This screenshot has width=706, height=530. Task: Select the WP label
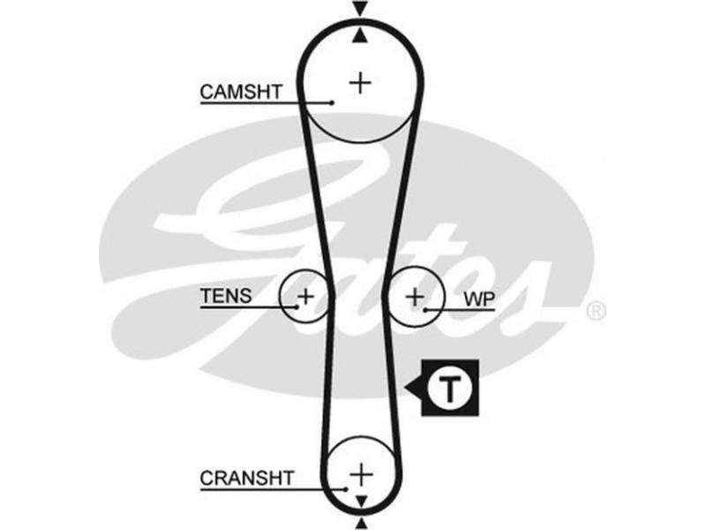click(478, 300)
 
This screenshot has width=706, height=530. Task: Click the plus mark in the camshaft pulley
click(359, 82)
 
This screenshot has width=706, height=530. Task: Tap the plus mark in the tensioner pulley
click(304, 296)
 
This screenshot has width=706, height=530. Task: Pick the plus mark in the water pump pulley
click(415, 296)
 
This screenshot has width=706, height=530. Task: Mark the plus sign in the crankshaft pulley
click(359, 474)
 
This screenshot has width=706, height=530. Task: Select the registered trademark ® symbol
click(596, 310)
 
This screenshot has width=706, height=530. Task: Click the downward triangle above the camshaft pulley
click(359, 9)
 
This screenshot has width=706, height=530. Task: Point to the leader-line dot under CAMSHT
click(332, 103)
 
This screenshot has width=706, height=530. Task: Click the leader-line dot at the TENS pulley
click(297, 307)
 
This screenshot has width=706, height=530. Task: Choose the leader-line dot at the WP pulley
click(426, 310)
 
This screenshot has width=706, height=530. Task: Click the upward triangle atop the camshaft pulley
click(359, 35)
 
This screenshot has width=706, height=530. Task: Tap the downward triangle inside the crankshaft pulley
click(359, 501)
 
